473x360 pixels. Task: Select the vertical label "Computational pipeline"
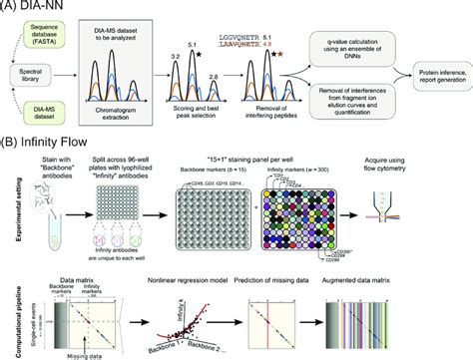pos(7,314)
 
